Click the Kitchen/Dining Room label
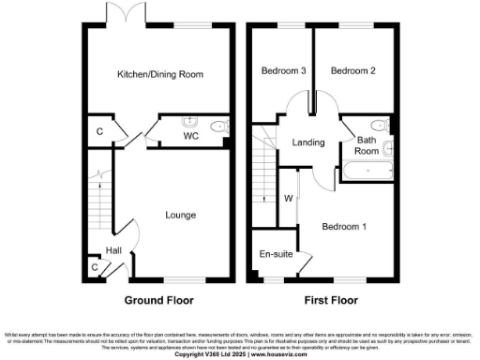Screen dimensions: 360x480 (x=159, y=74)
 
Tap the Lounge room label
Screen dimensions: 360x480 (x=180, y=215)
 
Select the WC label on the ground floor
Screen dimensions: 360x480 (x=190, y=136)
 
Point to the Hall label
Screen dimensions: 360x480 (x=112, y=250)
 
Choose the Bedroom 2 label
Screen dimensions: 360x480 (x=353, y=71)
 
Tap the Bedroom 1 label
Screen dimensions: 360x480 (x=345, y=227)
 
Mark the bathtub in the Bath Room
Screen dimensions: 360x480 (x=367, y=171)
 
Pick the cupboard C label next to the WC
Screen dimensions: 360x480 (x=100, y=131)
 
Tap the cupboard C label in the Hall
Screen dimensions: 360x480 (x=94, y=268)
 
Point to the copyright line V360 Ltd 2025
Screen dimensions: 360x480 (x=239, y=353)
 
